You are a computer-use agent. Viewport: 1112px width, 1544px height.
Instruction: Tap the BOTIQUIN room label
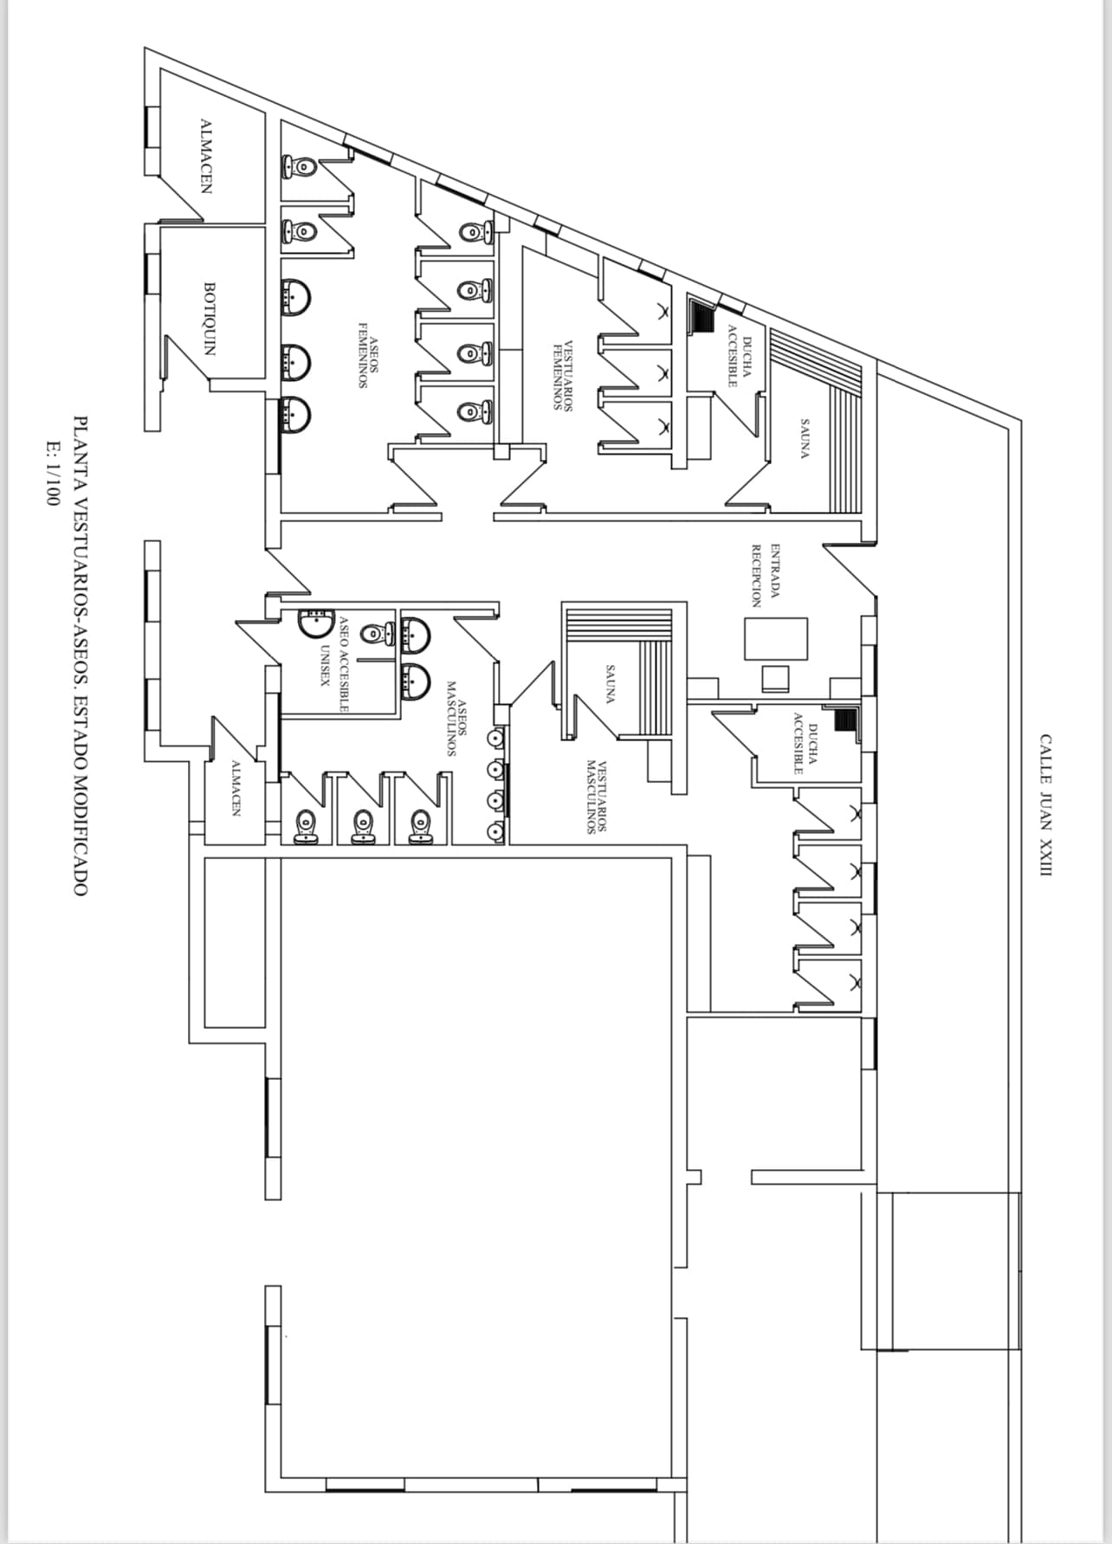(209, 319)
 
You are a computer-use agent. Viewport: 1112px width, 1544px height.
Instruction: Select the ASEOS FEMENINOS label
(368, 355)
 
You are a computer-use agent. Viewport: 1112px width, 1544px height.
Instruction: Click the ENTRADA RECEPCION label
(766, 575)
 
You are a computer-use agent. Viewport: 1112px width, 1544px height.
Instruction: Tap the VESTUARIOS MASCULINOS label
(596, 797)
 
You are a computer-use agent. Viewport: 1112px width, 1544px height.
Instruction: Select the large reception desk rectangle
(776, 639)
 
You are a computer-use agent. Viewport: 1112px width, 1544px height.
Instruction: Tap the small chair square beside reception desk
(776, 677)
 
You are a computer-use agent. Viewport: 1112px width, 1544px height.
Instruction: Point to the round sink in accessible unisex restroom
(315, 622)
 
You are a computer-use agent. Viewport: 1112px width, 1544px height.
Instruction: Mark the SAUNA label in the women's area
(805, 439)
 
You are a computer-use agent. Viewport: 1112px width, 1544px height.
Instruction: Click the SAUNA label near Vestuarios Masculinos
(610, 684)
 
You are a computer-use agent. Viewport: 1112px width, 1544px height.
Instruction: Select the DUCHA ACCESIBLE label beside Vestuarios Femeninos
(739, 355)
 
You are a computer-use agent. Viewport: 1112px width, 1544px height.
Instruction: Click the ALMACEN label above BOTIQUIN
(206, 156)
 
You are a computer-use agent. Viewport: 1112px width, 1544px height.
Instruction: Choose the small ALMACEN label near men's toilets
(235, 788)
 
